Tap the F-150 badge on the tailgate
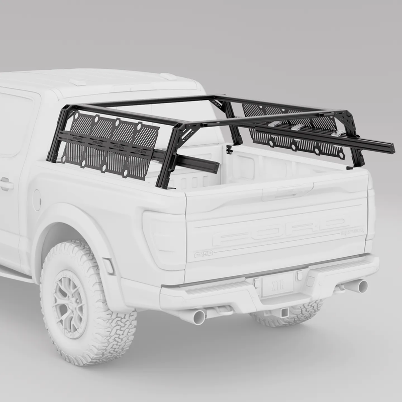point(204,254)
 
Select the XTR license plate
point(277,285)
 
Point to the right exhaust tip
point(357,286)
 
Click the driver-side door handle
point(6,184)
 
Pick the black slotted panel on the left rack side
point(108,144)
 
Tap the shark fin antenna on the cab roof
point(78,82)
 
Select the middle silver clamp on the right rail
point(297,127)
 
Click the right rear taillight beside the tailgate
point(371,214)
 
